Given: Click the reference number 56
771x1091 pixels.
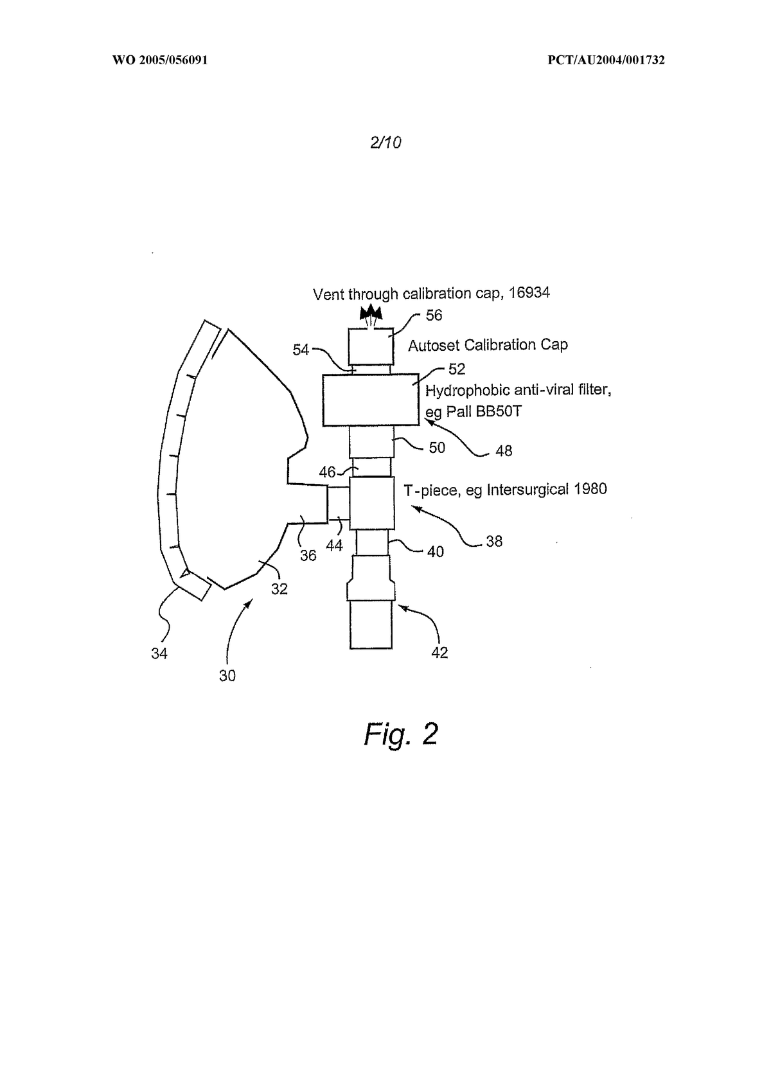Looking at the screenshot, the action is (434, 315).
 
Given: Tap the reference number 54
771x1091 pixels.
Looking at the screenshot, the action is (301, 350).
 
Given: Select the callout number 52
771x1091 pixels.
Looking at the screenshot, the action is (457, 369).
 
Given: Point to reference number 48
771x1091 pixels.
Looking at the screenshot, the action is (504, 451).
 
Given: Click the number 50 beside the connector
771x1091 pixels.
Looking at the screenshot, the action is (436, 448).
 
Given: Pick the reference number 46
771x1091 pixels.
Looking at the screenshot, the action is (327, 472).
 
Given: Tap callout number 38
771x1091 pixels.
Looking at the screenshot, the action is (494, 541).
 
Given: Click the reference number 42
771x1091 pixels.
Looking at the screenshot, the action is (439, 653).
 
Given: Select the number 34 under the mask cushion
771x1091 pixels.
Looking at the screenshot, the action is (159, 653).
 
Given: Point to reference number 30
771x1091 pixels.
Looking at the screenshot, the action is (227, 675).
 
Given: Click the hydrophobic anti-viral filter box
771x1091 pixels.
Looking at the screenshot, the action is (371, 400).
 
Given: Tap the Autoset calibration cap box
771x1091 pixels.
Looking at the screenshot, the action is (371, 346).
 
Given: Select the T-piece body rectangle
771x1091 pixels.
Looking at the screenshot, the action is (372, 503).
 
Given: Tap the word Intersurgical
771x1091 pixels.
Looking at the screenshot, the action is (527, 489).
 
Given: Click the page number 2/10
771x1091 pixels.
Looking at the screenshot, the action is (385, 142).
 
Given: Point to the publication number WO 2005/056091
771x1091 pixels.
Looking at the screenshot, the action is (160, 60).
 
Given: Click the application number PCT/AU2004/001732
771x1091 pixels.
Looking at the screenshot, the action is (606, 60).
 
